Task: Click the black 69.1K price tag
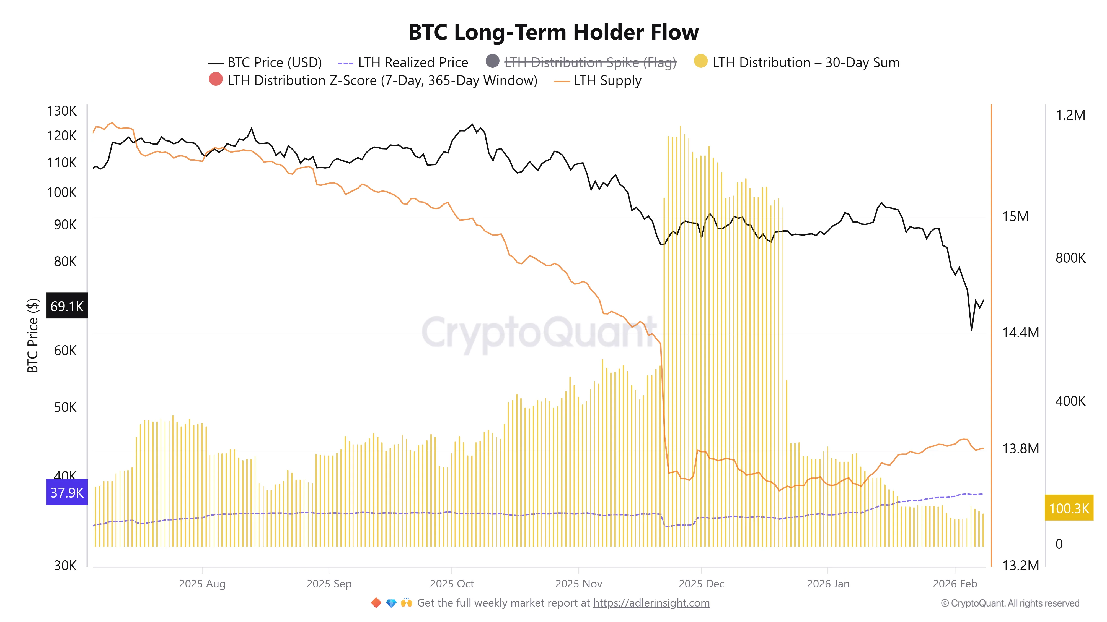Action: pos(67,306)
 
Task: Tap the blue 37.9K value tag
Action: pos(67,492)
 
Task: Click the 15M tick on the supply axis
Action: pos(1015,216)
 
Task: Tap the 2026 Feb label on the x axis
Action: pos(955,584)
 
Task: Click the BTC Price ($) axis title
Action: pos(33,335)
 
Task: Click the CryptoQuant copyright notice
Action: pos(1010,603)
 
